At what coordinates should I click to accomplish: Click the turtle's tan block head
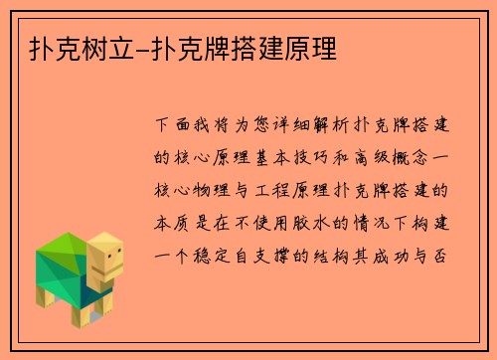click(x=105, y=257)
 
